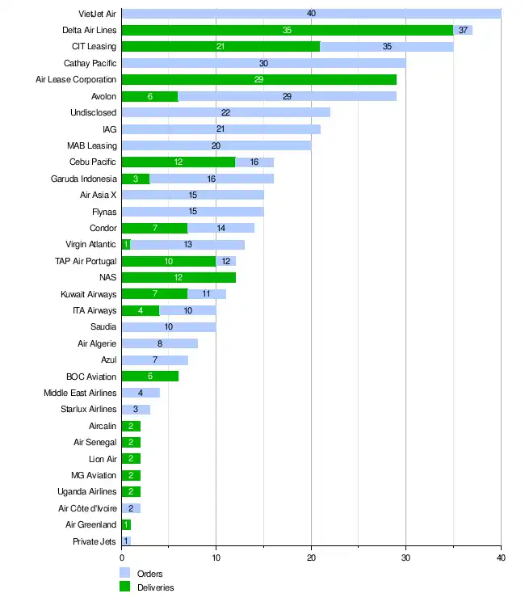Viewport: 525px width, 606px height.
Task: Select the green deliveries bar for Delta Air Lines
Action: pyautogui.click(x=287, y=30)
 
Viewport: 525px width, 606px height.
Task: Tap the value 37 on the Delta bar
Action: pyautogui.click(x=463, y=30)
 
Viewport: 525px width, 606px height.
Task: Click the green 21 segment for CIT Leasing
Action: pyautogui.click(x=220, y=47)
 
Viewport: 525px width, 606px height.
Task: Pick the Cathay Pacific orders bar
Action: pyautogui.click(x=263, y=63)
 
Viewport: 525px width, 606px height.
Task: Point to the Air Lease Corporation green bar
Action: pyautogui.click(x=258, y=80)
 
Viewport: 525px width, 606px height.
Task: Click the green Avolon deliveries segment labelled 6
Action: pyautogui.click(x=149, y=96)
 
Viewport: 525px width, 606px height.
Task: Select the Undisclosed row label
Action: pyautogui.click(x=94, y=113)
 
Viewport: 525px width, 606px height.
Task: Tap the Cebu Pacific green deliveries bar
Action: pyautogui.click(x=178, y=162)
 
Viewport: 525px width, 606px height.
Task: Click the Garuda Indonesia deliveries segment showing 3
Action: pyautogui.click(x=135, y=179)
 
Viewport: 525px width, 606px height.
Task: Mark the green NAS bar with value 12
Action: pyautogui.click(x=178, y=278)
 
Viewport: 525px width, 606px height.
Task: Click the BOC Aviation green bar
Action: pyautogui.click(x=149, y=377)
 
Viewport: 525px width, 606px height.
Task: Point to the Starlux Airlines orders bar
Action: pyautogui.click(x=135, y=410)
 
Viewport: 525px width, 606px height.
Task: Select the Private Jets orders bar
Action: pyautogui.click(x=125, y=541)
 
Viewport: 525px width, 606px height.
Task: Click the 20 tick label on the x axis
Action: pyautogui.click(x=311, y=558)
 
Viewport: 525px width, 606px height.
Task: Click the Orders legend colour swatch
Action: pyautogui.click(x=124, y=573)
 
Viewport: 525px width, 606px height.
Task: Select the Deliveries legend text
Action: pyautogui.click(x=155, y=587)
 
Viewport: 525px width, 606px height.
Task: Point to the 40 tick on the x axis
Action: pyautogui.click(x=501, y=558)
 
